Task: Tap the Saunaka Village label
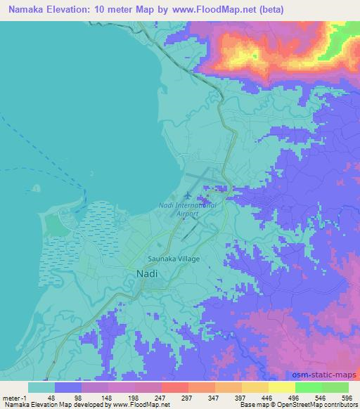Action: tap(174, 259)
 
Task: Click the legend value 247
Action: tap(161, 397)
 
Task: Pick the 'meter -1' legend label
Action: tap(15, 397)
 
